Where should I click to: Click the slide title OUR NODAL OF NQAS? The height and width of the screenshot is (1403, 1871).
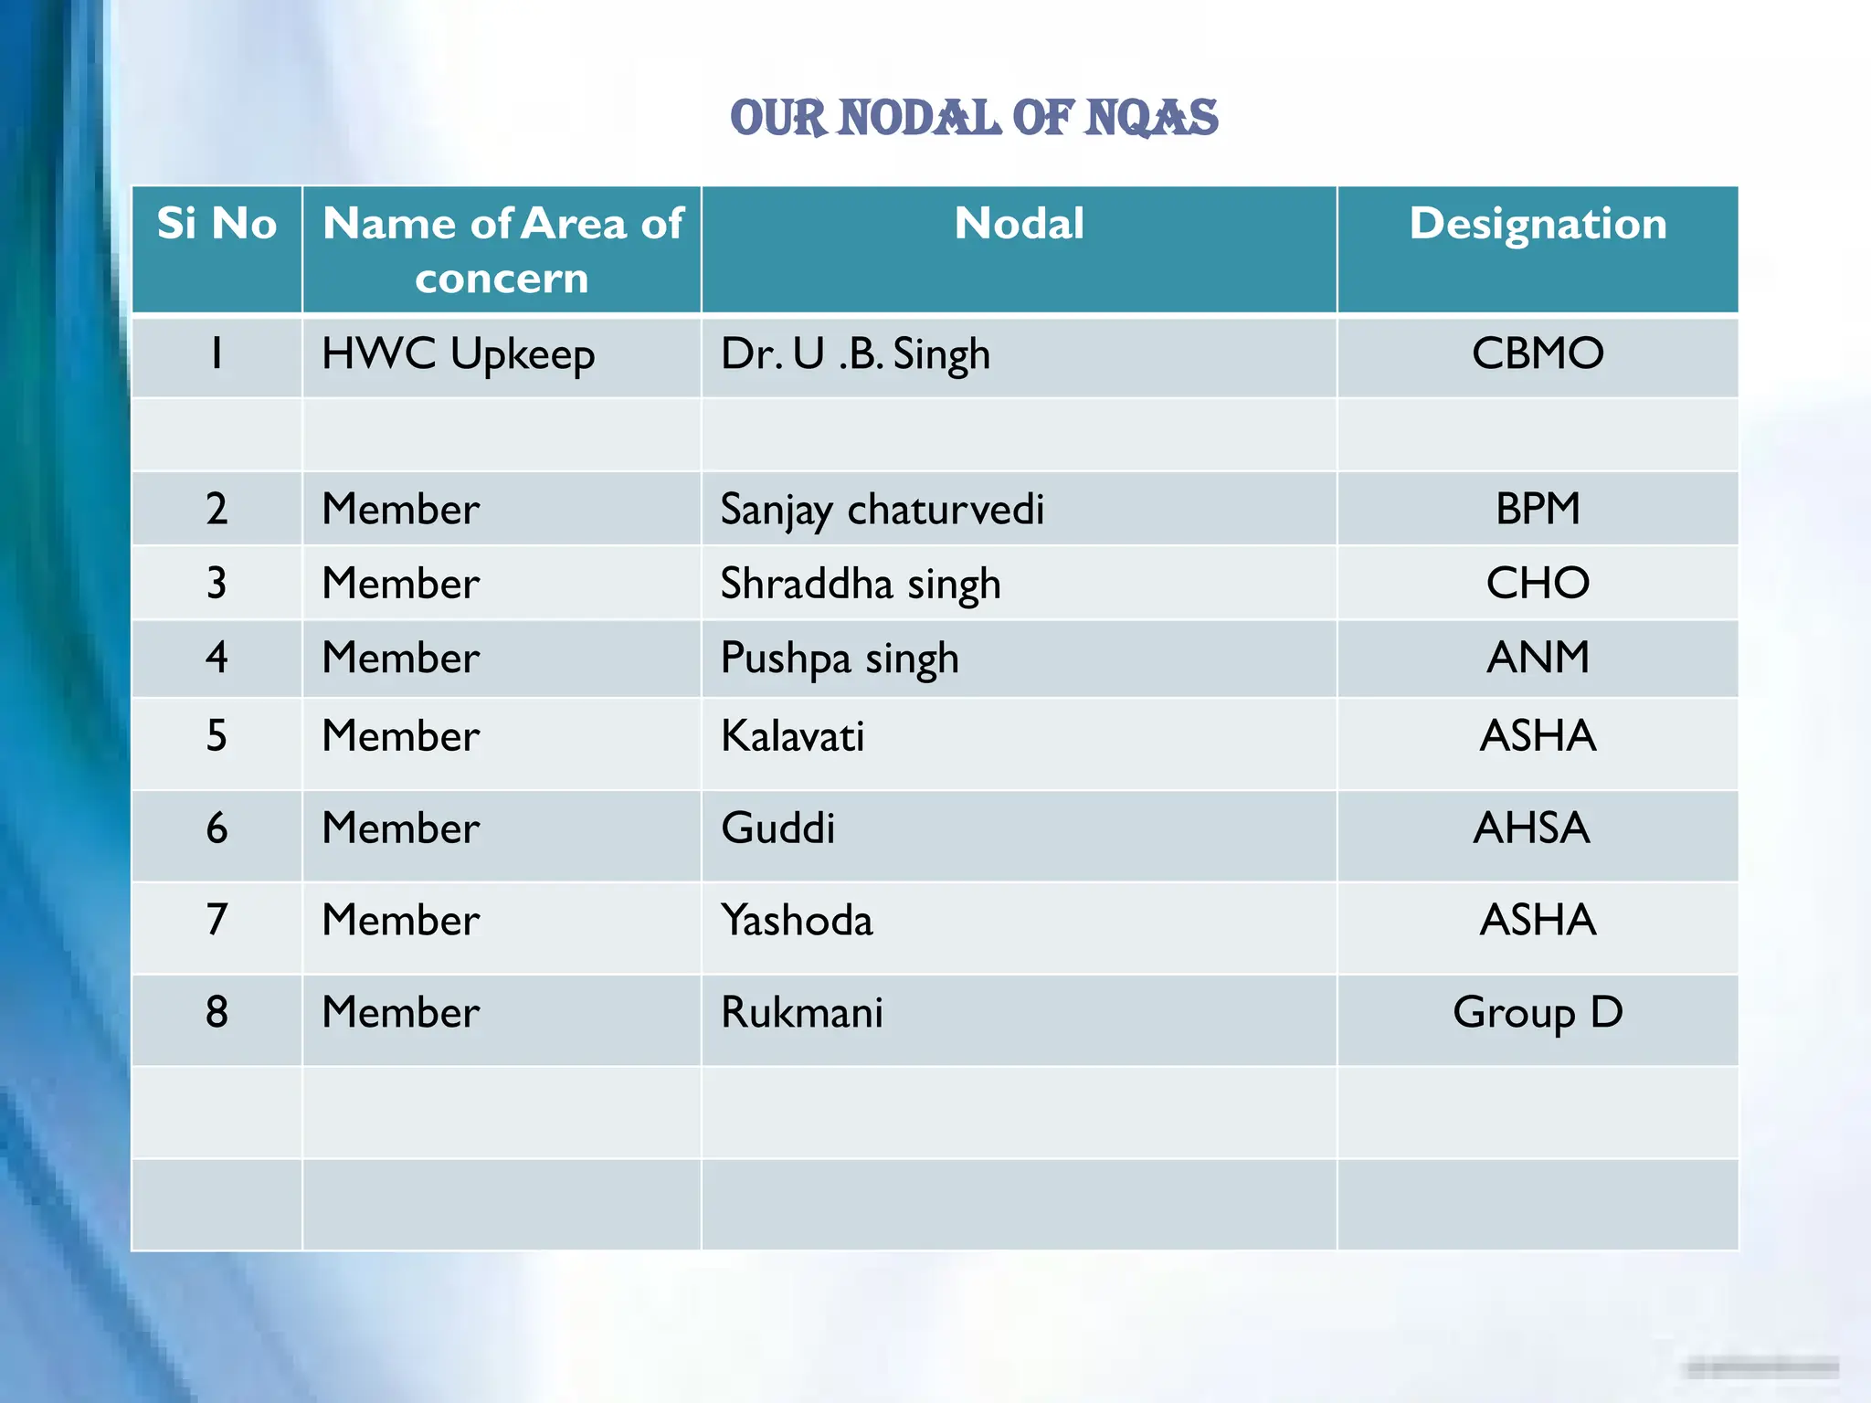pyautogui.click(x=974, y=119)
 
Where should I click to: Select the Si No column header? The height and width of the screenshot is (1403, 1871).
pyautogui.click(x=217, y=224)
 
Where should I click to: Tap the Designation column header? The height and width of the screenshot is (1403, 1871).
pyautogui.click(x=1538, y=224)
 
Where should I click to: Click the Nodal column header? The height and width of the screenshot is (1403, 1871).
pyautogui.click(x=1019, y=224)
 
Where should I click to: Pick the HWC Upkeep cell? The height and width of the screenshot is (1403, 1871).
pyautogui.click(x=458, y=354)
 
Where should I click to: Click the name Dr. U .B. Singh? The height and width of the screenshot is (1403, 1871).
pyautogui.click(x=855, y=354)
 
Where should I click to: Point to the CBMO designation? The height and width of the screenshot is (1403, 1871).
pyautogui.click(x=1538, y=353)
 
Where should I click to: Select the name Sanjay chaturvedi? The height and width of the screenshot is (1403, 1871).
pyautogui.click(x=882, y=510)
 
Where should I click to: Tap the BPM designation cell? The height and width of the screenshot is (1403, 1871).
pyautogui.click(x=1538, y=509)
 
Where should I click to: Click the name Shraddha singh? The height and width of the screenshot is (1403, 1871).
pyautogui.click(x=860, y=584)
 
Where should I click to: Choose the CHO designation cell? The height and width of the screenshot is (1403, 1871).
pyautogui.click(x=1538, y=583)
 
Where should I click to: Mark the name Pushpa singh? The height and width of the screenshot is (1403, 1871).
pyautogui.click(x=839, y=659)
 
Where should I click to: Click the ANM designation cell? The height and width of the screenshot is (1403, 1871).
pyautogui.click(x=1538, y=658)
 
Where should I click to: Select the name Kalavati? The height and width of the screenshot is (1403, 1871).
pyautogui.click(x=792, y=736)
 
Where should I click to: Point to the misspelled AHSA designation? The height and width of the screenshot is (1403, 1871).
pyautogui.click(x=1531, y=828)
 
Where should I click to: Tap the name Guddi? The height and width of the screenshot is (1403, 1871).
pyautogui.click(x=777, y=828)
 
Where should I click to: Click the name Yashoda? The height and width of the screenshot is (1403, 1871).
pyautogui.click(x=797, y=920)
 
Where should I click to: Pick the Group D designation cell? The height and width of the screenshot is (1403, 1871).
pyautogui.click(x=1538, y=1012)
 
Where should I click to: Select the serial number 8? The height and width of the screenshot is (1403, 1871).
pyautogui.click(x=217, y=1012)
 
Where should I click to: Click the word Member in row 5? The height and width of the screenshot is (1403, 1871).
pyautogui.click(x=400, y=736)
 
